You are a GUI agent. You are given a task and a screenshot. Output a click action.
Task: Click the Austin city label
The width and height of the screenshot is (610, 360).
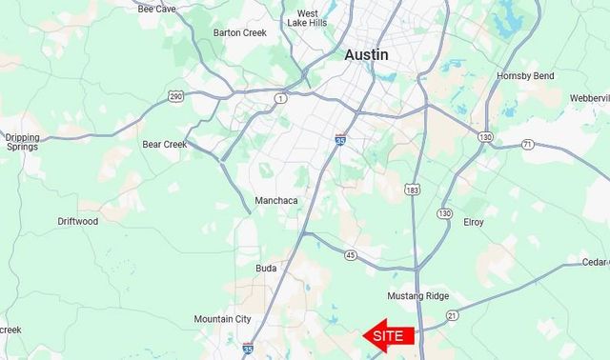tap(366, 55)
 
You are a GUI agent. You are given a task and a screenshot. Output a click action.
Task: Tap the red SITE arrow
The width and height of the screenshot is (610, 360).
tap(389, 335)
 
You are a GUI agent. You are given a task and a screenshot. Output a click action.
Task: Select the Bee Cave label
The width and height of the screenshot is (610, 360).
tap(157, 9)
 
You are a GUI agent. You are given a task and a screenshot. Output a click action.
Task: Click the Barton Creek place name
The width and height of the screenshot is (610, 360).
tap(240, 32)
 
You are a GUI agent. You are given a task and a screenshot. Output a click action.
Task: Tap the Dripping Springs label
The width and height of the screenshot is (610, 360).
tap(22, 143)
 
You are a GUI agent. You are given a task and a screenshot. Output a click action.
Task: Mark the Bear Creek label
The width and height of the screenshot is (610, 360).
tap(163, 145)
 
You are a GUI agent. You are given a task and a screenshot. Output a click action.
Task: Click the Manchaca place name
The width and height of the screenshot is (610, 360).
tap(277, 201)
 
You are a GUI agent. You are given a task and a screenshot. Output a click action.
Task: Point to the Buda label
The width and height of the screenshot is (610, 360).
tap(266, 269)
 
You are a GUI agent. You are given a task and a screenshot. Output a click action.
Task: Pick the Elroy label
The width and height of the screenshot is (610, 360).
tap(473, 223)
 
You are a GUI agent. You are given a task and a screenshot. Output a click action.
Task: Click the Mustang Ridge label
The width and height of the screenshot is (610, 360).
tap(418, 296)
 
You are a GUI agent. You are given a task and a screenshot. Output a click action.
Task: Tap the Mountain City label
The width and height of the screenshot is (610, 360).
tap(223, 319)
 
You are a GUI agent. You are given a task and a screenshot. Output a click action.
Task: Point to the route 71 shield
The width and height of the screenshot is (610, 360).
tap(527, 145)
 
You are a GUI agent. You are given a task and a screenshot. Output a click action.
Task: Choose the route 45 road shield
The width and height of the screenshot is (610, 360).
tap(351, 255)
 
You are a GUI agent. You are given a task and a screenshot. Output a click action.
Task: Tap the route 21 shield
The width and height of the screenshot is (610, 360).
tap(453, 315)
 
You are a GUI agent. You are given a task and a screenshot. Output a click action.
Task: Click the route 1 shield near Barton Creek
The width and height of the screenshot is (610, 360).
tap(280, 98)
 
